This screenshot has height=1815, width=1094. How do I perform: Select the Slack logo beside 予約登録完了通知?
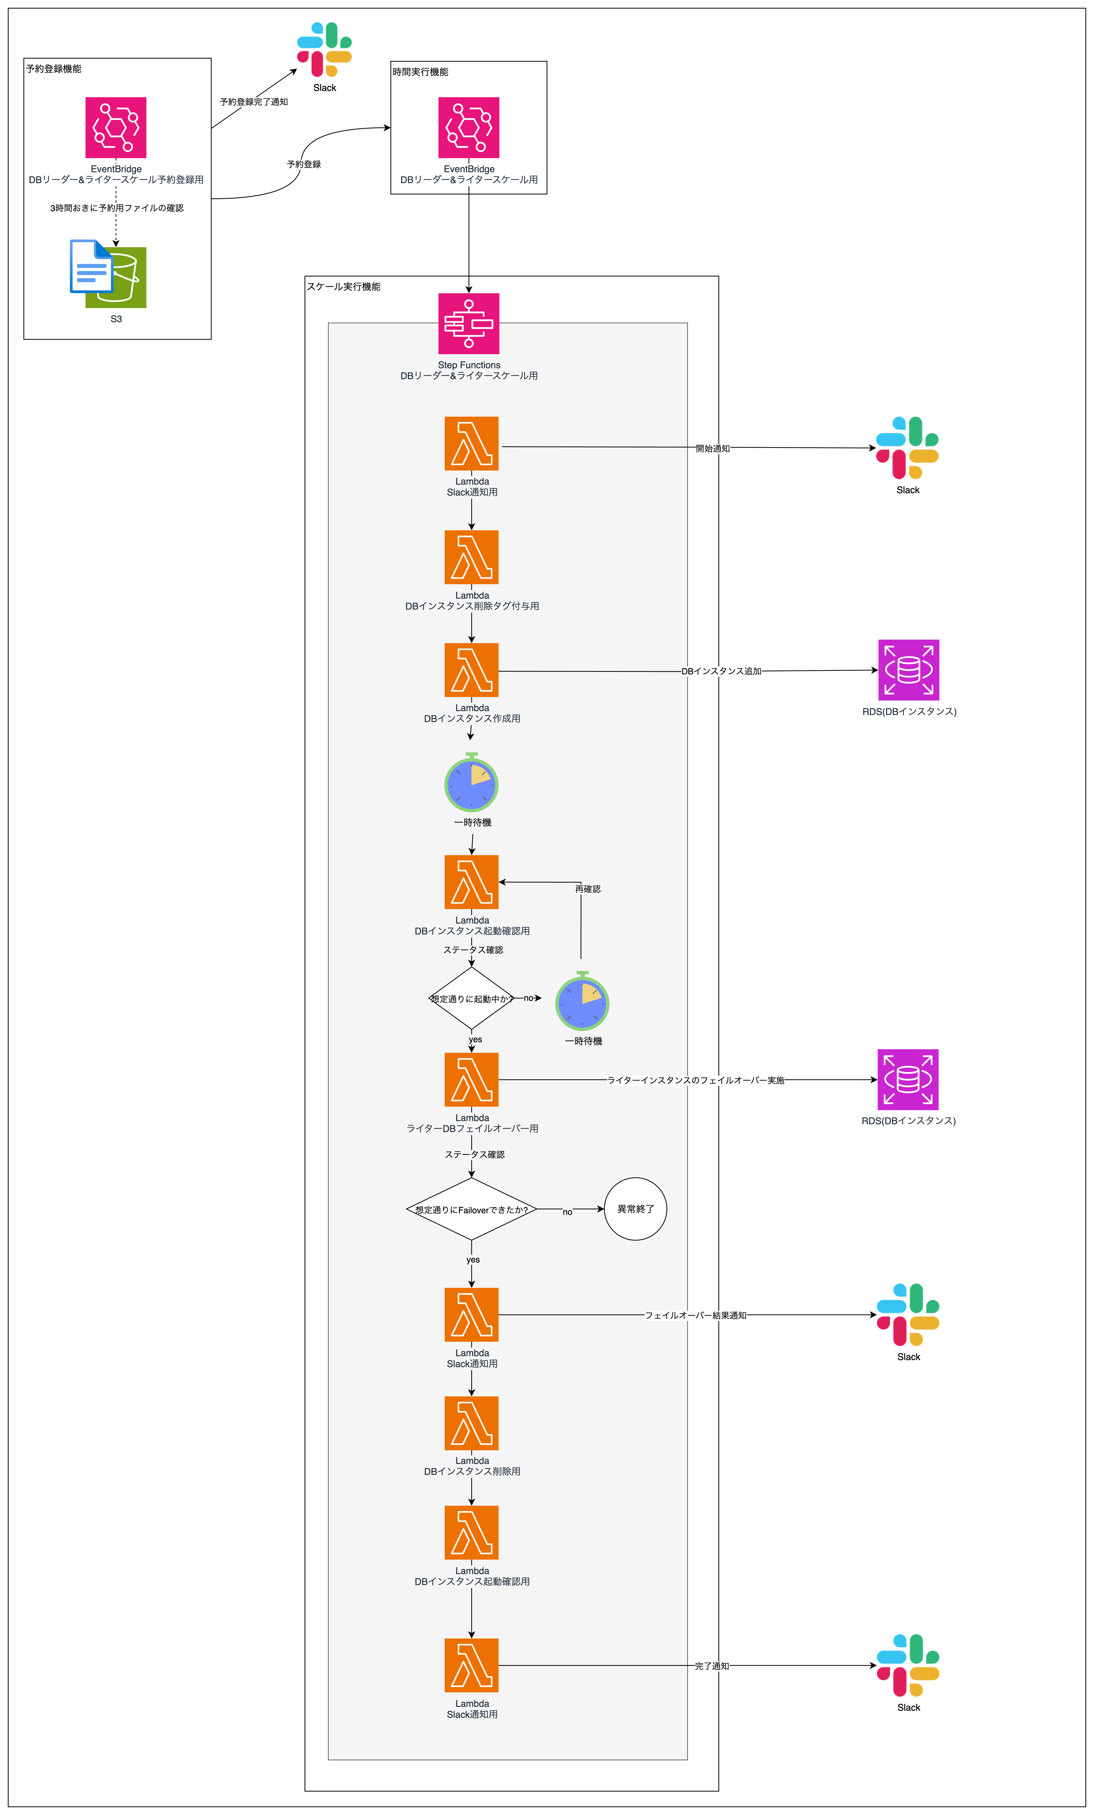(324, 49)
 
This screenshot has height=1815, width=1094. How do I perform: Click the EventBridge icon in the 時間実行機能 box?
(469, 127)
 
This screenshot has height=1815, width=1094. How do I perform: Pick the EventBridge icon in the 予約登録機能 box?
(116, 127)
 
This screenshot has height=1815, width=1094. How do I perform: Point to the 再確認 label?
(588, 889)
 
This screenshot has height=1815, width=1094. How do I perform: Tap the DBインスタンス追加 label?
(721, 671)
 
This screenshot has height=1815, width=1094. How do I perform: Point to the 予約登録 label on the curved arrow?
(304, 164)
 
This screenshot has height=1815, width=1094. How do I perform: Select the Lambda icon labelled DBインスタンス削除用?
(471, 1423)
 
